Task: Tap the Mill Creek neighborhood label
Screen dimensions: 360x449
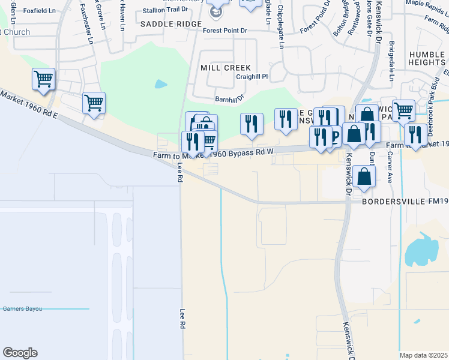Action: (225, 68)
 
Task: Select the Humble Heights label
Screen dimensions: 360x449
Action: (427, 58)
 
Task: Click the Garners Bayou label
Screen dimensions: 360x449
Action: (22, 308)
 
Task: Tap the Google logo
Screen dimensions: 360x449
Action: (20, 353)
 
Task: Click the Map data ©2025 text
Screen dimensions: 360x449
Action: (423, 355)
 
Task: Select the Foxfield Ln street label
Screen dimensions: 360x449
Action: (40, 10)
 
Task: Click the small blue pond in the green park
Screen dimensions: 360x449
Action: (161, 84)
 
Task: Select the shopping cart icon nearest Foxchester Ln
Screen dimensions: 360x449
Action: (94, 103)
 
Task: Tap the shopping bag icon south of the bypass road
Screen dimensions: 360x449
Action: (364, 176)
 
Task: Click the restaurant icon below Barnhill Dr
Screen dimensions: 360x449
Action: (252, 124)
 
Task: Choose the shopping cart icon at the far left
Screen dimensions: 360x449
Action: (44, 79)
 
